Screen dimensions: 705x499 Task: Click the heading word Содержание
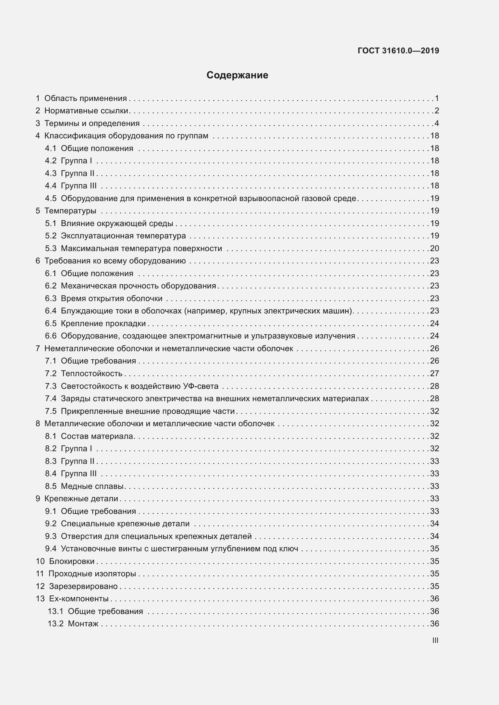tap(237, 75)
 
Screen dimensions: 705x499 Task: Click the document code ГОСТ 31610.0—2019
tap(398, 51)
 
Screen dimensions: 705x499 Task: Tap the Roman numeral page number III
tap(435, 640)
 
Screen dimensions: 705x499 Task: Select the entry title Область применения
tap(85, 98)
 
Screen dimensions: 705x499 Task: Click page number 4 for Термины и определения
tap(437, 124)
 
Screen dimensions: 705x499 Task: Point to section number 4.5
tap(51, 198)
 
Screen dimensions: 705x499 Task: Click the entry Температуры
tap(70, 211)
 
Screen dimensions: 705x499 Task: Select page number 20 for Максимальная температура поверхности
tap(434, 248)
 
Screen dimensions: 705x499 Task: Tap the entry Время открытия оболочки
tap(112, 298)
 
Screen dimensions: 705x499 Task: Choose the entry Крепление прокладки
tap(103, 323)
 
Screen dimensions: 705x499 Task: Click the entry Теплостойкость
tap(92, 373)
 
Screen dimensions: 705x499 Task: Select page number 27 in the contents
tap(434, 373)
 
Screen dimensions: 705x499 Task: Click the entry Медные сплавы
tap(92, 486)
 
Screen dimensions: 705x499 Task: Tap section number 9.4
tap(51, 548)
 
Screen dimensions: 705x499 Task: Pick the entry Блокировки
tap(72, 561)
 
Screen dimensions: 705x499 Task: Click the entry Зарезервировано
tap(83, 586)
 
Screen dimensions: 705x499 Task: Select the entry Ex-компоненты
tap(79, 599)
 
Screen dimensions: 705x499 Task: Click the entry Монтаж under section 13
tap(83, 624)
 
